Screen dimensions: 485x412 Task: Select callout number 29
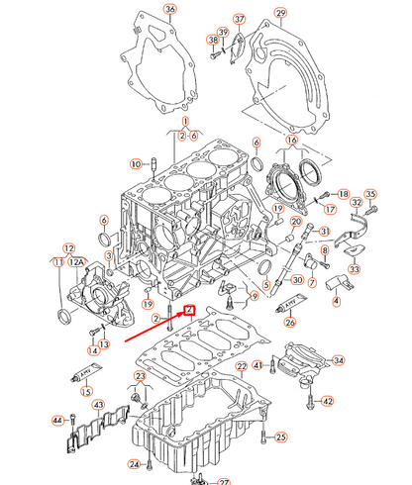[x=280, y=12]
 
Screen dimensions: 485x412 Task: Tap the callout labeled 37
[x=239, y=20]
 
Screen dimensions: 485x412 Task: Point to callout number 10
[x=136, y=162]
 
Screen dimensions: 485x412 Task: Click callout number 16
[x=291, y=142]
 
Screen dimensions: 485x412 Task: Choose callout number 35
[x=371, y=194]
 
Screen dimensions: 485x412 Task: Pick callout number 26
[x=290, y=321]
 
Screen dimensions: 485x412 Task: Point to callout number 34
[x=339, y=361]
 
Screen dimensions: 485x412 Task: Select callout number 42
[x=328, y=401]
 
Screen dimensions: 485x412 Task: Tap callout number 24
[x=133, y=464]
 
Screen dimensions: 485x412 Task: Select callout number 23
[x=140, y=377]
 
